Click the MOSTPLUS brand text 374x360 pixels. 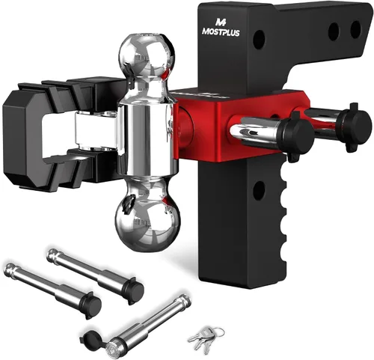click(221, 32)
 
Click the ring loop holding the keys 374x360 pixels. click(218, 333)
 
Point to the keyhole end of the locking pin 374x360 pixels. click(111, 347)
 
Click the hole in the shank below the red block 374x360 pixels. click(259, 189)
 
